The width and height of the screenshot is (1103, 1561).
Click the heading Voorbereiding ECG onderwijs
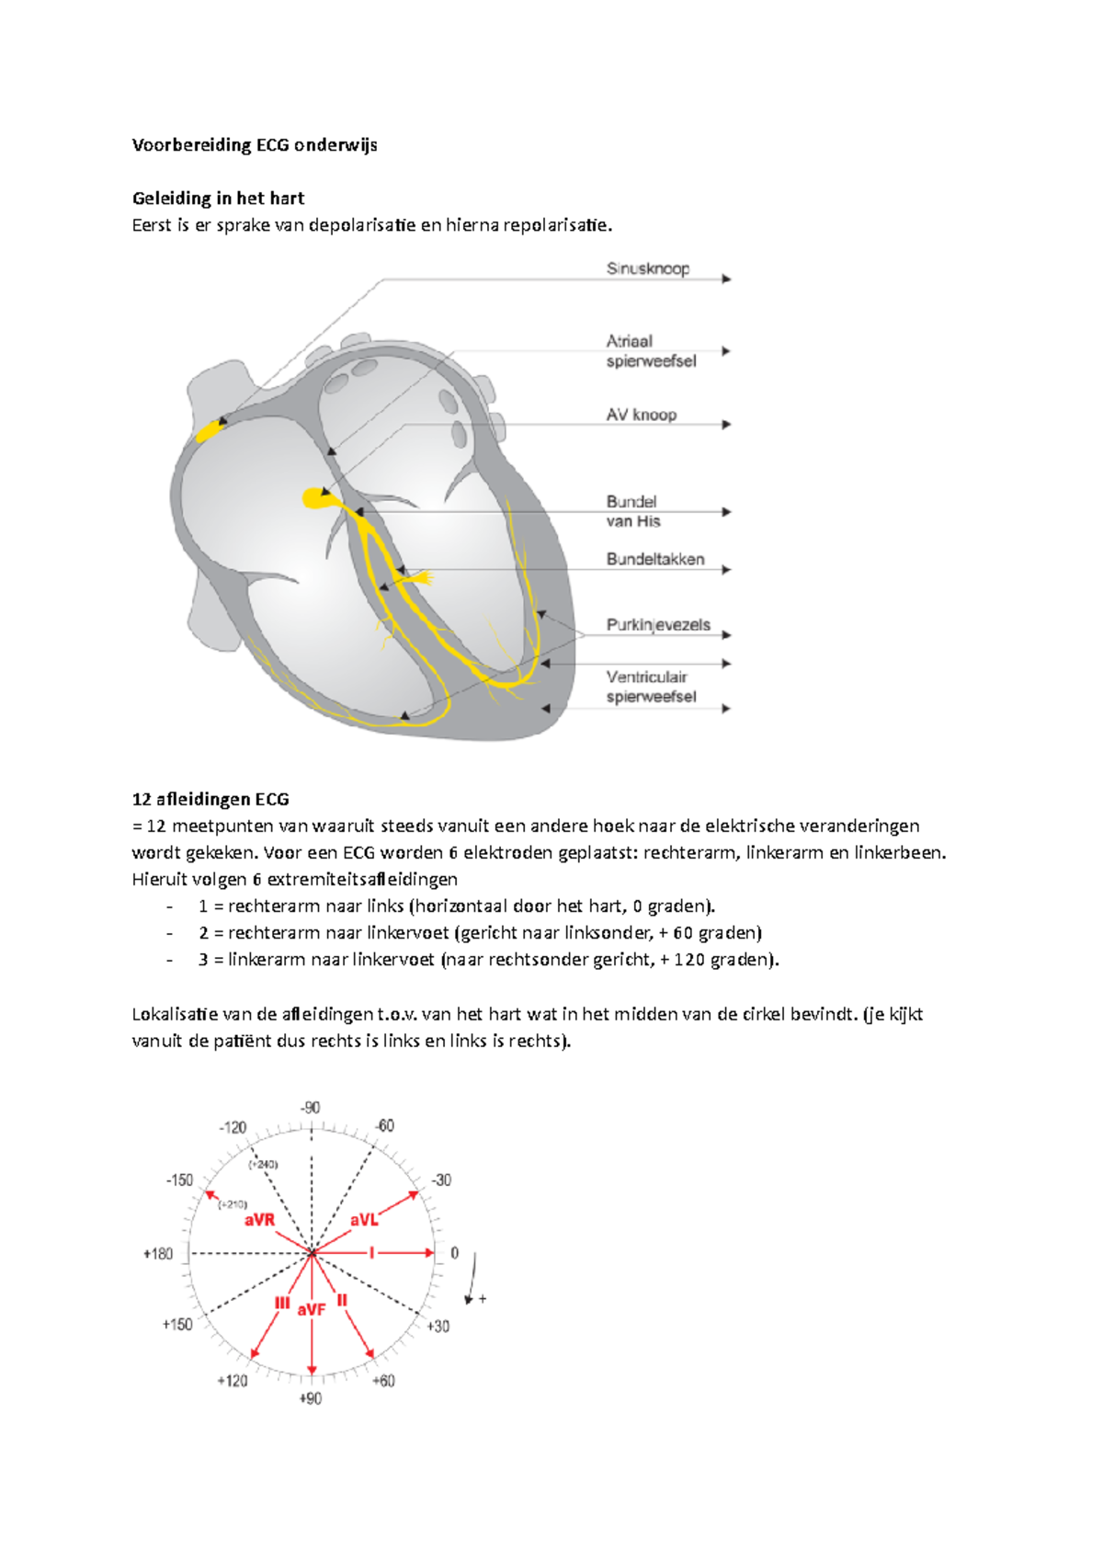pos(255,145)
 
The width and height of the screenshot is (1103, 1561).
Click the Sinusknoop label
pos(647,268)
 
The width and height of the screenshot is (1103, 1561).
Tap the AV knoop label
pos(641,415)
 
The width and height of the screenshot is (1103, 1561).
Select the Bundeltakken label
pos(654,559)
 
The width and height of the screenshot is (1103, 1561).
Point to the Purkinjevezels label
pos(658,625)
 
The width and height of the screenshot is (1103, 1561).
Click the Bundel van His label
pos(633,511)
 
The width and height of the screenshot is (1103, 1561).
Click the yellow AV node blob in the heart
pos(315,498)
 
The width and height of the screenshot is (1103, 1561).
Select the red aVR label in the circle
pos(259,1220)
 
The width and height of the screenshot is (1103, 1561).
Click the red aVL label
pos(364,1220)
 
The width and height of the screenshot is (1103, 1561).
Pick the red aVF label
pos(312,1309)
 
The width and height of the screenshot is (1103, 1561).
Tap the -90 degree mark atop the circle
pos(311,1108)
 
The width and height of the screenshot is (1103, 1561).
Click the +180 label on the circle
pos(158,1254)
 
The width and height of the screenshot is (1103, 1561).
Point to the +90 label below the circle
pos(311,1398)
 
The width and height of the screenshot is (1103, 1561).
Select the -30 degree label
pos(441,1180)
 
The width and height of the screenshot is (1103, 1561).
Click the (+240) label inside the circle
pos(263,1164)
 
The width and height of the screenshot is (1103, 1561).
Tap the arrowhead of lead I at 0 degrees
pos(428,1252)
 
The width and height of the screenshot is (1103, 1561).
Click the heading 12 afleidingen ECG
pos(210,800)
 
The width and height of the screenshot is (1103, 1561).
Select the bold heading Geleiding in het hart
pos(218,199)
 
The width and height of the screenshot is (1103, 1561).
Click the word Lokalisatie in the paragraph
pos(175,1014)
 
